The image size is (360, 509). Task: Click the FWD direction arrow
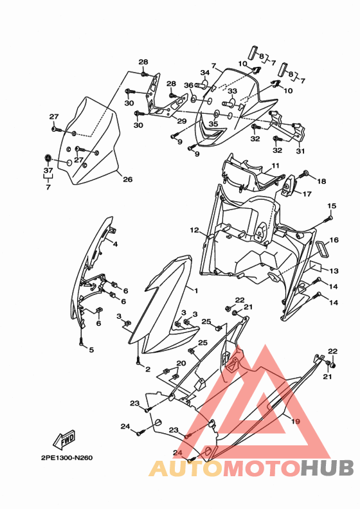(x=64, y=438)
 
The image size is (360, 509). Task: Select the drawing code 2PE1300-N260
(x=67, y=458)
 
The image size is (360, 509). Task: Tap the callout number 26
(x=127, y=179)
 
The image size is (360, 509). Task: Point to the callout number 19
(x=295, y=422)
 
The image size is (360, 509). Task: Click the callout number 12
(x=194, y=230)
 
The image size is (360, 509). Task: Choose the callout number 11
(x=275, y=166)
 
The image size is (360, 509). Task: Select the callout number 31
(x=300, y=151)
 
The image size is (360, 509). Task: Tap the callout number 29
(x=182, y=121)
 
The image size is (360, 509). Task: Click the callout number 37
(x=48, y=170)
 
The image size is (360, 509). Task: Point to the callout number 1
(x=195, y=290)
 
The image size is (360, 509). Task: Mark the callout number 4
(x=115, y=244)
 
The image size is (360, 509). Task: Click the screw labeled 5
(x=81, y=341)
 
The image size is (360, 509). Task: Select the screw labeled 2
(x=138, y=360)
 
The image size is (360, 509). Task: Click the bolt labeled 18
(x=305, y=174)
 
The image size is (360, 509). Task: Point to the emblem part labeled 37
(x=48, y=157)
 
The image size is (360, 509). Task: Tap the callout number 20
(x=181, y=363)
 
